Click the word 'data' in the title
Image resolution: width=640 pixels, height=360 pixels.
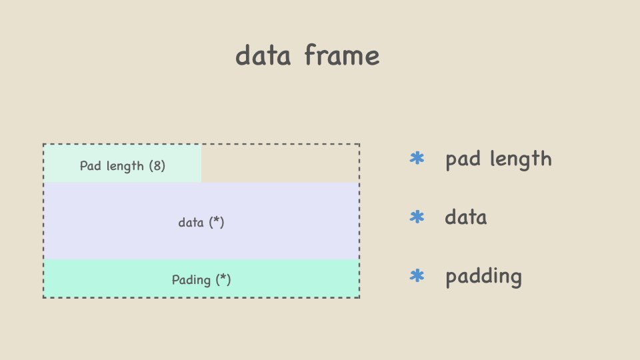263,55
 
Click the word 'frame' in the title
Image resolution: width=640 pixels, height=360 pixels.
342,55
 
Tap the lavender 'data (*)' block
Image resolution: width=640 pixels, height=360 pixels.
201,221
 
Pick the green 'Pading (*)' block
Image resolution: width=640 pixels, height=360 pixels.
201,279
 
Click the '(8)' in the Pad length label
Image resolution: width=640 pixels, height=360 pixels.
157,166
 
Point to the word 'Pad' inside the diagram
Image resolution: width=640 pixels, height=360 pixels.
89,166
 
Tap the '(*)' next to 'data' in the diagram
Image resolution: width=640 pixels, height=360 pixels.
216,222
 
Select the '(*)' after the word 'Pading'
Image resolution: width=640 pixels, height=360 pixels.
223,279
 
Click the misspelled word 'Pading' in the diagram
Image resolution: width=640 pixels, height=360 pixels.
191,280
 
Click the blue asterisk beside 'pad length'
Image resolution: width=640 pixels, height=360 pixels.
417,158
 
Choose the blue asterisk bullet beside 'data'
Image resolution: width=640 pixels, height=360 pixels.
417,217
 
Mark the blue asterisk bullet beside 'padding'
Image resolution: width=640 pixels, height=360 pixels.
417,275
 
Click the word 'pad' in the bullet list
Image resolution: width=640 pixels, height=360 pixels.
463,159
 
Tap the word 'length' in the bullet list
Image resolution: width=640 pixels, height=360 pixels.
521,159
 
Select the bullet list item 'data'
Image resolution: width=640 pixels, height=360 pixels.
466,217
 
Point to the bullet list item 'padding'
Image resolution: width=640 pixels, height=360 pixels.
484,276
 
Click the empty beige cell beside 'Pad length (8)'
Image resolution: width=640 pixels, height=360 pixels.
280,164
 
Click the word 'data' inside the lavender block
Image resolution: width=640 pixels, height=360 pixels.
191,223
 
